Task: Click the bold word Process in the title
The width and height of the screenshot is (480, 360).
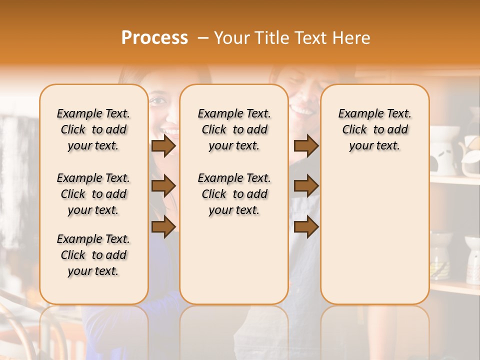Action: (x=154, y=38)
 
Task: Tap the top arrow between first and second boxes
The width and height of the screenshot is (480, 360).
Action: (x=163, y=146)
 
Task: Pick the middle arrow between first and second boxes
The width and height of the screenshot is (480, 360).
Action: (x=163, y=186)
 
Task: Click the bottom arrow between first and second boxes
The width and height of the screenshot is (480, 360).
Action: (x=163, y=226)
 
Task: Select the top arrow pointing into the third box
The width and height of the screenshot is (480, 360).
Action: (x=306, y=146)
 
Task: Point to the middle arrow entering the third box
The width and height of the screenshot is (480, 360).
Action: (x=306, y=186)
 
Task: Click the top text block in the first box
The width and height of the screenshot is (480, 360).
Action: (x=93, y=129)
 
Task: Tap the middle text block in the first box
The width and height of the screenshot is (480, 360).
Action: (x=93, y=194)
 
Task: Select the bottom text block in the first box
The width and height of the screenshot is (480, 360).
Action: (x=93, y=255)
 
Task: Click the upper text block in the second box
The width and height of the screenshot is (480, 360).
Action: (x=234, y=129)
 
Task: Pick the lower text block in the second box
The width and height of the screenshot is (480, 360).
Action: (x=234, y=194)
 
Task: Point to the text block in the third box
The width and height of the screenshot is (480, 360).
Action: (x=374, y=129)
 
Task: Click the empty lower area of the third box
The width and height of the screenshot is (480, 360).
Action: (x=374, y=235)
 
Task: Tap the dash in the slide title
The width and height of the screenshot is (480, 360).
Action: (x=203, y=38)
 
